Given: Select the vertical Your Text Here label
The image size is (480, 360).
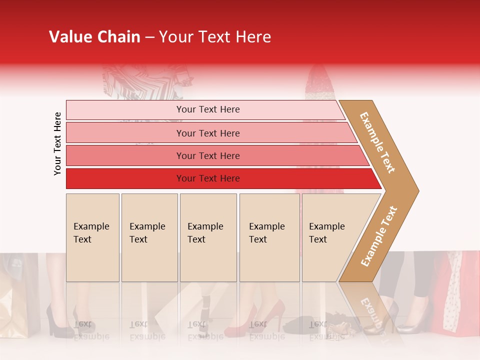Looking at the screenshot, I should [x=57, y=144].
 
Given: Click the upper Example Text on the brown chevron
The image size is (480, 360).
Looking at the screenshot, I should [x=377, y=142].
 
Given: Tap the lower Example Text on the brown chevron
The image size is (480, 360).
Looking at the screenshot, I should [x=378, y=236].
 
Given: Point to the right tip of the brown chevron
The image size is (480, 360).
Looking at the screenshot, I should [x=417, y=190].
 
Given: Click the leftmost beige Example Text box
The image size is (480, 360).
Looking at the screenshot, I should [x=92, y=237].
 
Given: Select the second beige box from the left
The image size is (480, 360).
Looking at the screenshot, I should [x=149, y=237].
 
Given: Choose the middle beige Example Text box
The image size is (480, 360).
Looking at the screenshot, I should [x=208, y=237].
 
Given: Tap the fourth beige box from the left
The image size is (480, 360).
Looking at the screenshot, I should [x=269, y=237].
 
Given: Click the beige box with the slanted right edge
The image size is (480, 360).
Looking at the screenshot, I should [x=330, y=237].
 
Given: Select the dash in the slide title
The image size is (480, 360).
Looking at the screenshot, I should [x=149, y=37].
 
